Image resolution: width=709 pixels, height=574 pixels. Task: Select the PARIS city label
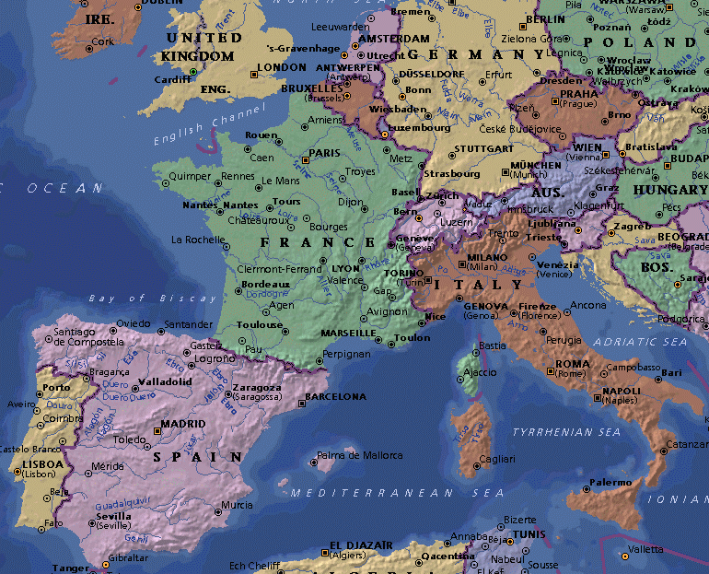(324, 153)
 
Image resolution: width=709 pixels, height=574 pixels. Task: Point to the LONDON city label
(281, 67)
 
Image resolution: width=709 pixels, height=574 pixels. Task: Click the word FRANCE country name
(306, 241)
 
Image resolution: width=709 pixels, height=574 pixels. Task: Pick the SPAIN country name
(198, 456)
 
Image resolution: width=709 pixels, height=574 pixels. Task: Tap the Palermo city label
(610, 482)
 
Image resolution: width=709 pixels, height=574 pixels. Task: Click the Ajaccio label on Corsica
(480, 372)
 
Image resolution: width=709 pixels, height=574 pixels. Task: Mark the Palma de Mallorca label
(359, 455)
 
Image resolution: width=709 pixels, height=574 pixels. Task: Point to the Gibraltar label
(127, 557)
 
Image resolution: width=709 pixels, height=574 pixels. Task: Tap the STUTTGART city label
(483, 148)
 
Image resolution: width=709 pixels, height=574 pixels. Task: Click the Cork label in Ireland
(103, 41)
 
